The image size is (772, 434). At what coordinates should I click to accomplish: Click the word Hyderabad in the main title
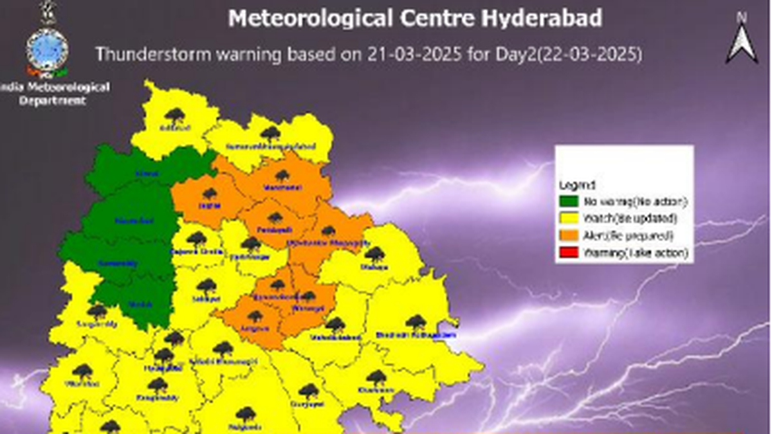(x=537, y=19)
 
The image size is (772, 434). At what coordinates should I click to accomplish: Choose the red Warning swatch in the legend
(x=569, y=253)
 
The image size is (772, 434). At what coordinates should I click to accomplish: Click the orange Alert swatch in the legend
(x=569, y=236)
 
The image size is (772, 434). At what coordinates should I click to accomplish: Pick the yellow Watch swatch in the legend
(x=569, y=219)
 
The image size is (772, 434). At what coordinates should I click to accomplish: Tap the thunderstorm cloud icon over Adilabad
(x=174, y=116)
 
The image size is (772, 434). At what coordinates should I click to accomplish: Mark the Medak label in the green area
(x=145, y=304)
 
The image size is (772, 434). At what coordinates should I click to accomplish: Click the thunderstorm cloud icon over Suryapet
(x=309, y=390)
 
